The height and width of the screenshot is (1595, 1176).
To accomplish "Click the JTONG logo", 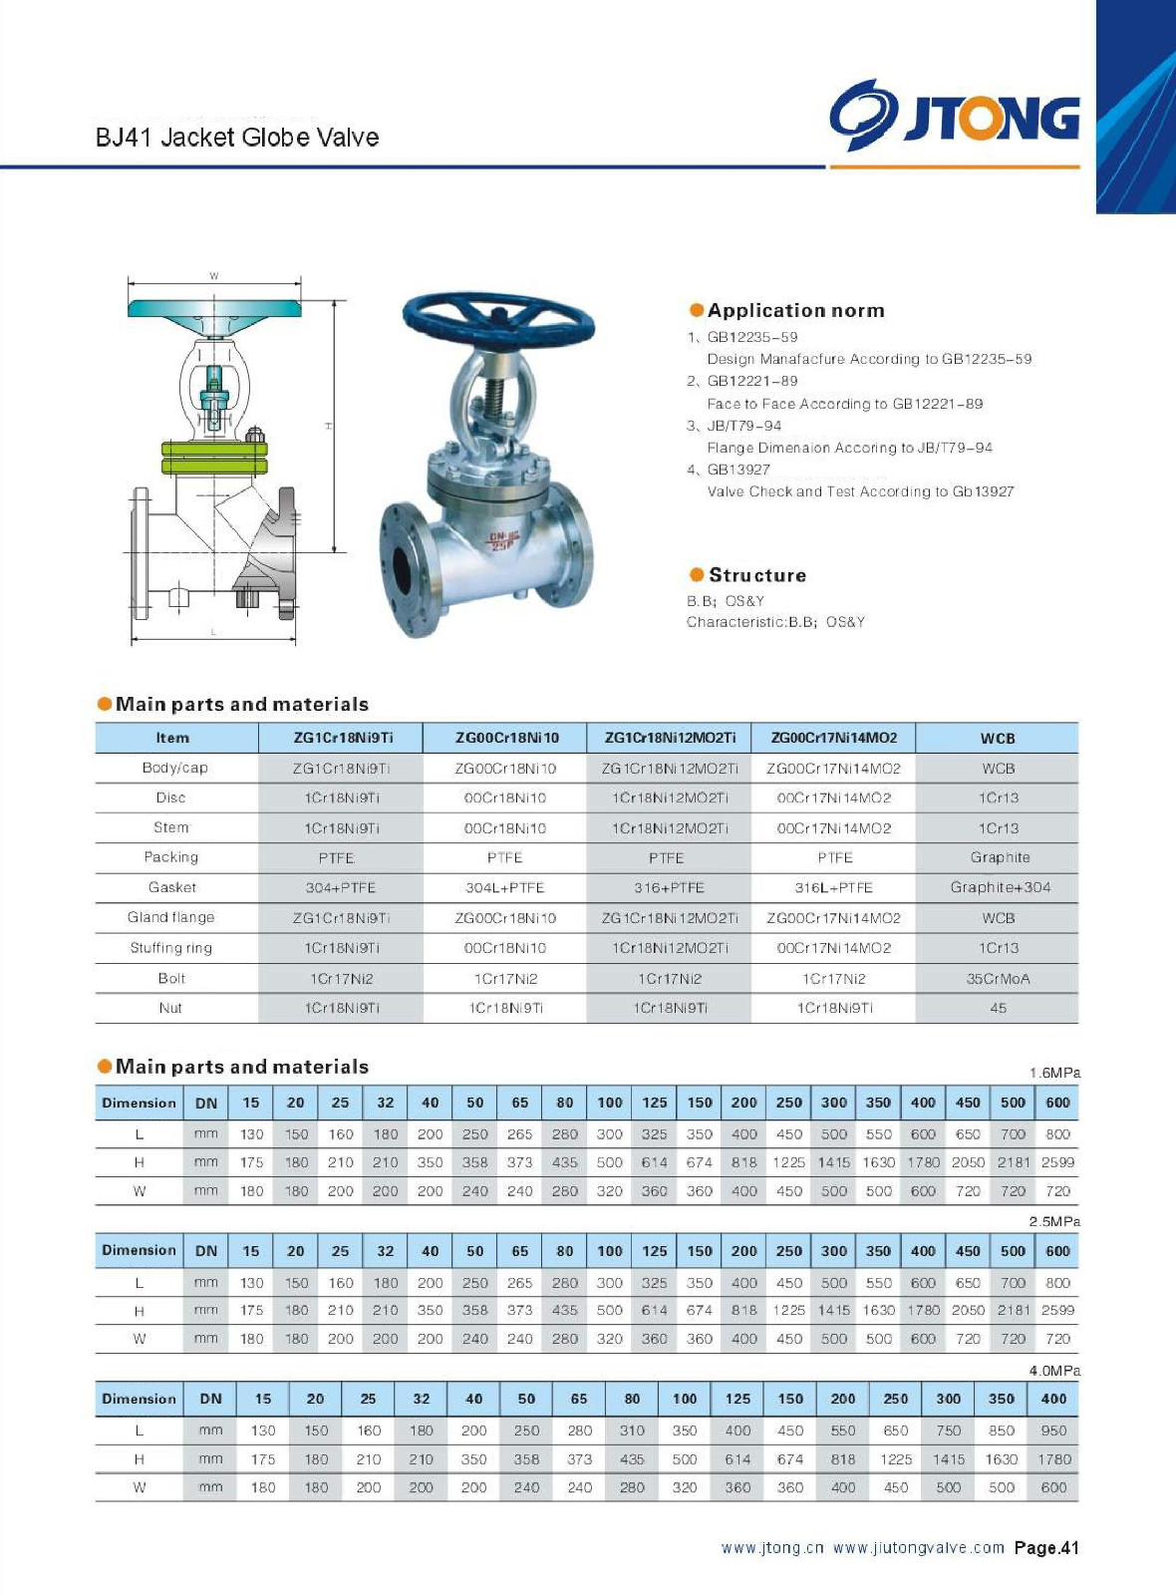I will click(x=955, y=116).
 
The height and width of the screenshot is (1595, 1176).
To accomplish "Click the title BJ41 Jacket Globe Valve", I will click(x=237, y=138).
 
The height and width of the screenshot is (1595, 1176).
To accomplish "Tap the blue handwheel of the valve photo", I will click(x=497, y=318).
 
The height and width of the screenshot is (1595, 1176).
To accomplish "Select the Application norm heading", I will click(x=795, y=311).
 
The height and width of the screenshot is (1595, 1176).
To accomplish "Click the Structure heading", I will click(x=756, y=575).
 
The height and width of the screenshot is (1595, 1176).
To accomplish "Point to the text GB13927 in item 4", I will click(x=738, y=470).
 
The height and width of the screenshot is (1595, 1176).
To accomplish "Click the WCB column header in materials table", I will click(x=997, y=739).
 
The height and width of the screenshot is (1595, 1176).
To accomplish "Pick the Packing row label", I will click(x=171, y=857).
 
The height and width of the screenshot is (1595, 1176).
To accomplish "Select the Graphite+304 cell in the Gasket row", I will click(x=1000, y=887).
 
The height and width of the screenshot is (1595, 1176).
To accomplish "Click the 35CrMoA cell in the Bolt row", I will click(x=998, y=979).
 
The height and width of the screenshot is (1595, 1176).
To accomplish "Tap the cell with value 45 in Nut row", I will click(x=998, y=1009).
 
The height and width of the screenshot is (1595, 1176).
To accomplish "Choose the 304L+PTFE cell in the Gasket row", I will click(x=504, y=887).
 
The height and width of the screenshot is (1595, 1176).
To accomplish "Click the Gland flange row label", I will click(x=171, y=917).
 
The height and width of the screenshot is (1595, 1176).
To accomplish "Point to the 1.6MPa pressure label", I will click(x=1054, y=1073).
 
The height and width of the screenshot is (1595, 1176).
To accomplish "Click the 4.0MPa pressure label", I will click(x=1054, y=1371).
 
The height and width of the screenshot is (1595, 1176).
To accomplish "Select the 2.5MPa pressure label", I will click(x=1054, y=1221).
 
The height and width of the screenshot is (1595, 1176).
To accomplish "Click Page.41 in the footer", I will click(x=1046, y=1548).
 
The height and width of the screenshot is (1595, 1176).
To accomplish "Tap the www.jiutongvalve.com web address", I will click(x=918, y=1548).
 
